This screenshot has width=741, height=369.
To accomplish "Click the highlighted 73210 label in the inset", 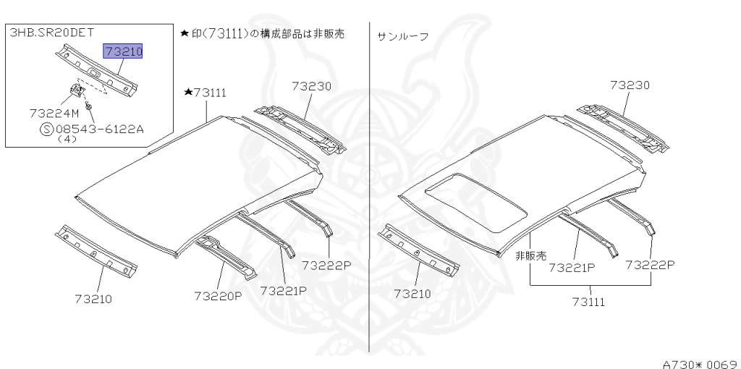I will click(x=123, y=51).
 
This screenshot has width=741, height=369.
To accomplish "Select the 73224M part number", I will click(x=54, y=114).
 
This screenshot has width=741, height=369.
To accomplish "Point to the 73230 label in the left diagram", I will click(x=311, y=86).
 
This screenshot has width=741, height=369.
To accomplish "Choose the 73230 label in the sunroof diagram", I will click(x=630, y=85).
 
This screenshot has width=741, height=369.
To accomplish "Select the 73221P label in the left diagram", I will click(x=284, y=290).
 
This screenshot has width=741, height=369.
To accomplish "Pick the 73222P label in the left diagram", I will click(x=326, y=266).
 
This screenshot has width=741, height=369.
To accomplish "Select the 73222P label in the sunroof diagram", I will click(x=650, y=265).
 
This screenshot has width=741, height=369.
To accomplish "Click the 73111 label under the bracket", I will click(x=588, y=301).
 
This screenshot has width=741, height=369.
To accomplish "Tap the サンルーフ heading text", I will click(x=402, y=35).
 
